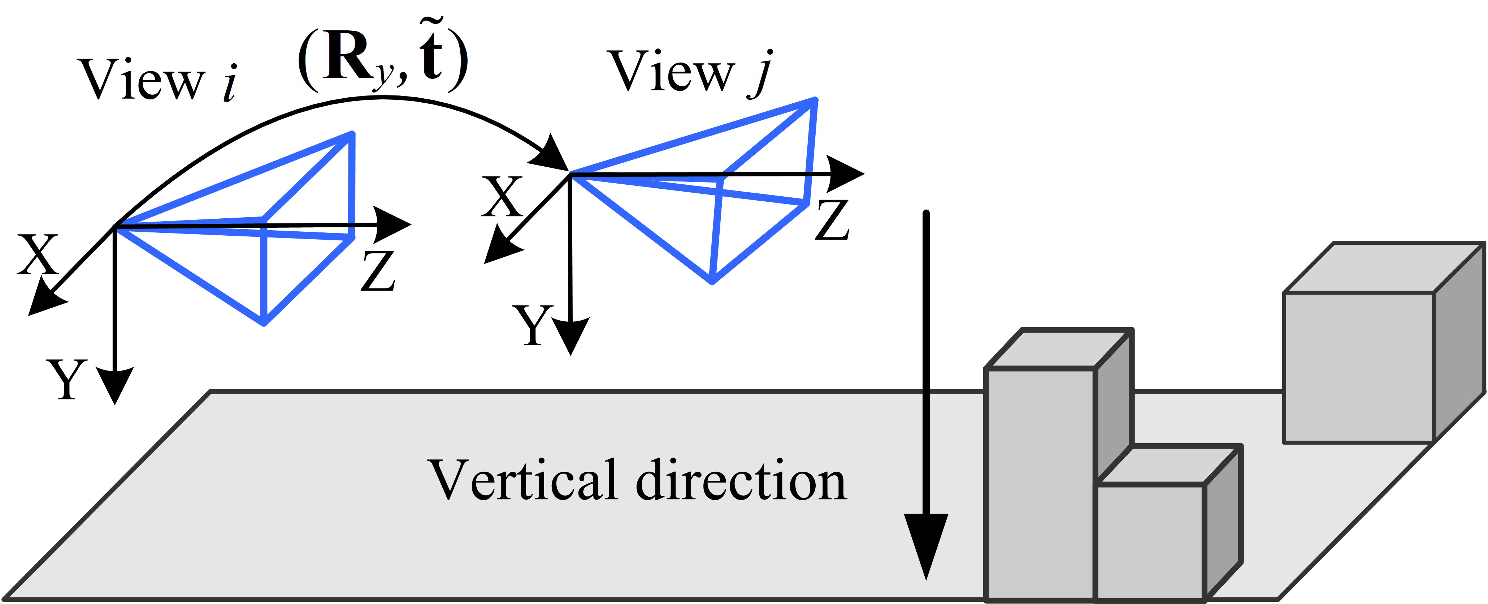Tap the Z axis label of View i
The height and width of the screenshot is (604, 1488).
tap(378, 270)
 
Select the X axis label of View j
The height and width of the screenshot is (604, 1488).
tap(502, 197)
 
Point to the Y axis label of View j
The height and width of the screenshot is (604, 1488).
tap(533, 325)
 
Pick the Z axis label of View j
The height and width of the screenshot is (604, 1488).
tap(832, 220)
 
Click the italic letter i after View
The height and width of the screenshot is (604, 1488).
tap(230, 83)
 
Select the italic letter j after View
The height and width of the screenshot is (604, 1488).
tap(761, 74)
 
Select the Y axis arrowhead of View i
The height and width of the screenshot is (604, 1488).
tap(115, 384)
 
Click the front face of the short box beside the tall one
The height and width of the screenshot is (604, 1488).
tap(1150, 541)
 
